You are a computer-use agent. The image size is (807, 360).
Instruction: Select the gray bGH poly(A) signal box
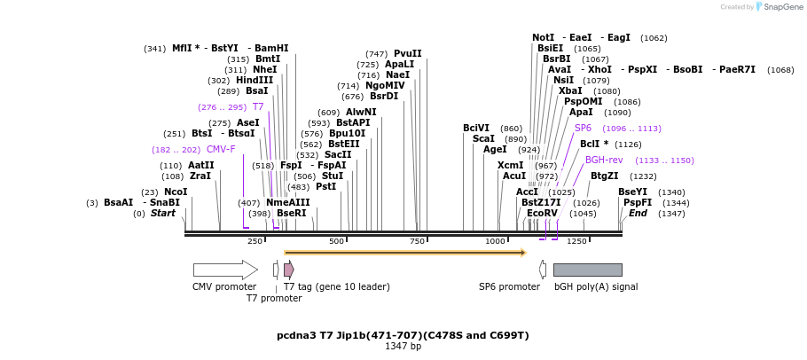point(587,270)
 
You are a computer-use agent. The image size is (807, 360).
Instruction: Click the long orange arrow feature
point(404,253)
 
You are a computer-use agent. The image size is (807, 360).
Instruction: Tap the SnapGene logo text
point(783,7)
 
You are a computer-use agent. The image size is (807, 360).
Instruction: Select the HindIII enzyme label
point(255,80)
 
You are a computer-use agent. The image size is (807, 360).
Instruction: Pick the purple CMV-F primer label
point(221,149)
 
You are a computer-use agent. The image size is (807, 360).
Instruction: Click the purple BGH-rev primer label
point(604,160)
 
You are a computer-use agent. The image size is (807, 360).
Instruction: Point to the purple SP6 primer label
point(583,128)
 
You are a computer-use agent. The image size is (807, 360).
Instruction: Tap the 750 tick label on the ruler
point(418,241)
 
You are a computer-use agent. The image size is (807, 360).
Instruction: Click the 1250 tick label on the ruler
point(576,241)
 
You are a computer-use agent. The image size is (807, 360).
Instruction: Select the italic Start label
point(162,213)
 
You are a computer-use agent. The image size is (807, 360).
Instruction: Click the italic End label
point(638,213)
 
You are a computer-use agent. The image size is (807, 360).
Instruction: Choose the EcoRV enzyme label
point(542,213)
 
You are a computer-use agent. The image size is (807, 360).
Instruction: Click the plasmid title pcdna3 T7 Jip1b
point(403,335)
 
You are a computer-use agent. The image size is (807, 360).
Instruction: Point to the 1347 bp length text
point(403,346)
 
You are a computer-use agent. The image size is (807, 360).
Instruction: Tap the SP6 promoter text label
point(509,286)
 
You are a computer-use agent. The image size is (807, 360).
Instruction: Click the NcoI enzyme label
point(176,192)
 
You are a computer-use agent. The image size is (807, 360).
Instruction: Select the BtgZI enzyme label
point(604,176)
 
